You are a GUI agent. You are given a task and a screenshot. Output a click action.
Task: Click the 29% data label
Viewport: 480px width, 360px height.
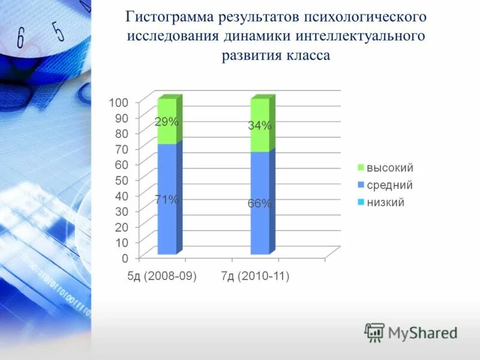click(167, 122)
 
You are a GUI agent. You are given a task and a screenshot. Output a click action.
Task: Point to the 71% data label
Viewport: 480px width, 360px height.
click(166, 200)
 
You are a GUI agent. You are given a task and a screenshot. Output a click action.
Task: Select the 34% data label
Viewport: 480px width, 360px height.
click(260, 126)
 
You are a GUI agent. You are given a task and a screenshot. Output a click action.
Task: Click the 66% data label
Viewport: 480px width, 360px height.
click(260, 204)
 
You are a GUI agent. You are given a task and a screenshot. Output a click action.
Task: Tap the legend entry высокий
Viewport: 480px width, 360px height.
click(389, 169)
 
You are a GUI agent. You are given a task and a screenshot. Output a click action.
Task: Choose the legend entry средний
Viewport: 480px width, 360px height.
click(389, 185)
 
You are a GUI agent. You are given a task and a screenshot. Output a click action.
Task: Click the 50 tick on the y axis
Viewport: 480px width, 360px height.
click(121, 180)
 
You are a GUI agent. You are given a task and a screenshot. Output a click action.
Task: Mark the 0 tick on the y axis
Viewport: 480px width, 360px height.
click(124, 259)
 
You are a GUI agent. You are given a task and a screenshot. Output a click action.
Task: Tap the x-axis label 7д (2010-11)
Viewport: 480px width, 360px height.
click(255, 277)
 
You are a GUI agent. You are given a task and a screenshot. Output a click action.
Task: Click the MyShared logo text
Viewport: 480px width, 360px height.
click(422, 332)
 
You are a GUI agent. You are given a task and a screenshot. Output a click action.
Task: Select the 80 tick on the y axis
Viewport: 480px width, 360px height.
click(121, 133)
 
